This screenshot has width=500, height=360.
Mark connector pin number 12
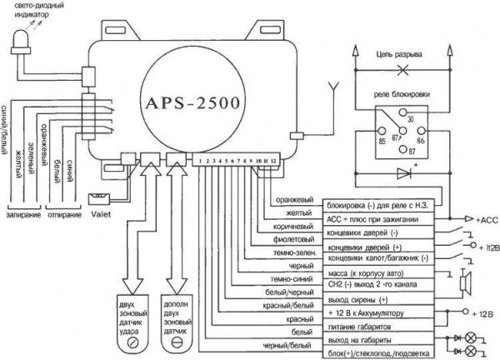(272, 158)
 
